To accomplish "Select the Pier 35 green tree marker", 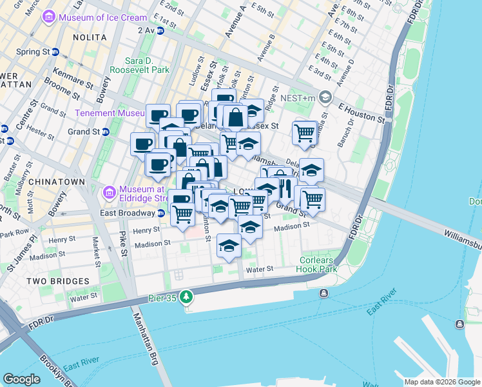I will coord(187,297).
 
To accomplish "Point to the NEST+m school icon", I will coord(325,97).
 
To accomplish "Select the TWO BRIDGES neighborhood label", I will coord(58,281).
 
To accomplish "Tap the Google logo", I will coord(21,379).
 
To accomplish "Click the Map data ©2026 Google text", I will coord(441,382).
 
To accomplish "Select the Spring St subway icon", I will coord(55,52).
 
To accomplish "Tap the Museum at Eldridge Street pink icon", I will coord(108,192).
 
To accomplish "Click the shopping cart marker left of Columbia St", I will coord(304,133).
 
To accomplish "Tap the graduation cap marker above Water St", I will coord(229,246).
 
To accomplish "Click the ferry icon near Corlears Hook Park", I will coord(323,293).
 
